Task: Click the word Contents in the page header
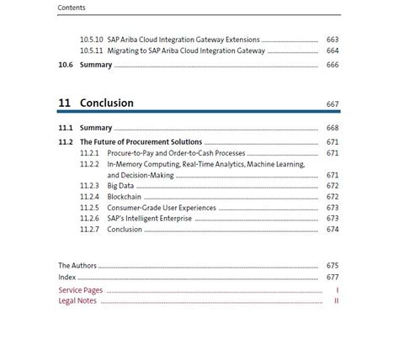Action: pyautogui.click(x=72, y=8)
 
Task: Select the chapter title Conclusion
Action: pyautogui.click(x=107, y=103)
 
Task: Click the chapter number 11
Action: pyautogui.click(x=64, y=103)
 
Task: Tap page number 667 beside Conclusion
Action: pyautogui.click(x=332, y=104)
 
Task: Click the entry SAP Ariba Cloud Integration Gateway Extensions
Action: pyautogui.click(x=183, y=40)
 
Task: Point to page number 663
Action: pyautogui.click(x=332, y=40)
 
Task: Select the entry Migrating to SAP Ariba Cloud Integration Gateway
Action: pyautogui.click(x=185, y=50)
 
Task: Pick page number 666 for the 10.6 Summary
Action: pyautogui.click(x=332, y=65)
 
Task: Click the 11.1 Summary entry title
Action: pyautogui.click(x=96, y=128)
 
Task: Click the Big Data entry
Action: pyautogui.click(x=120, y=185)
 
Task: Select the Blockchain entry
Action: pyautogui.click(x=124, y=196)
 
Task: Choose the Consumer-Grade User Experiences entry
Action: pyautogui.click(x=162, y=207)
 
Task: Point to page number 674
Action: pyautogui.click(x=332, y=229)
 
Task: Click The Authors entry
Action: pyautogui.click(x=77, y=266)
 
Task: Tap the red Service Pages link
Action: pyautogui.click(x=81, y=289)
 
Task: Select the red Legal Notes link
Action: pyautogui.click(x=77, y=300)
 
